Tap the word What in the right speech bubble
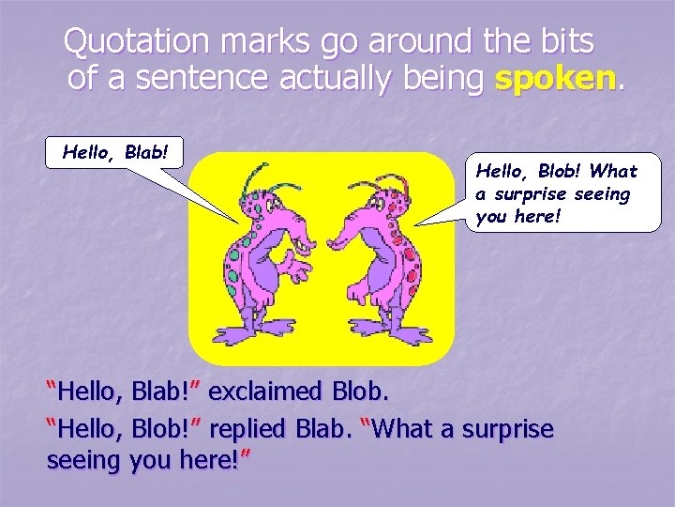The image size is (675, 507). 614,171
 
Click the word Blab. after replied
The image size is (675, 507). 328,429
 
